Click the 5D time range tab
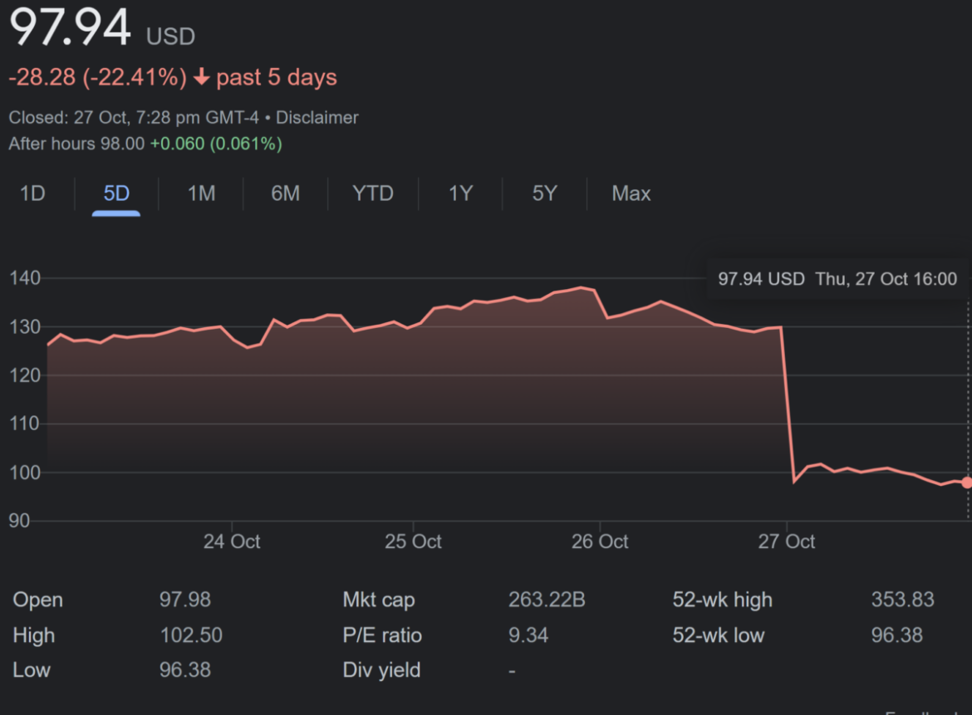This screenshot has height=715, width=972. (116, 194)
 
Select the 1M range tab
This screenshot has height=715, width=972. (201, 194)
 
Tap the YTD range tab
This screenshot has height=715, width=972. (372, 194)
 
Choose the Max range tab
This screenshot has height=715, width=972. (631, 194)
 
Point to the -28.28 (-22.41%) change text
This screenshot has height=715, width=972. (97, 78)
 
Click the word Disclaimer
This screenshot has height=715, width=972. (317, 118)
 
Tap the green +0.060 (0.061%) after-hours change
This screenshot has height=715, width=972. (216, 144)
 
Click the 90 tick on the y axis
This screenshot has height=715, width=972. (20, 522)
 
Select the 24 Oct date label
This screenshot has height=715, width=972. (232, 542)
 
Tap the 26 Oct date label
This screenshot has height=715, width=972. (600, 542)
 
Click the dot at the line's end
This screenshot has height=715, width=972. (967, 482)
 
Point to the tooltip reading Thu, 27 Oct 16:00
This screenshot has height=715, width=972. (886, 279)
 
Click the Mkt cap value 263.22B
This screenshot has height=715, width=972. (547, 600)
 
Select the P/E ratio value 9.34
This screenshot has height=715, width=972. (528, 635)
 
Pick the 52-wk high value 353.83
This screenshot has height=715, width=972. (902, 600)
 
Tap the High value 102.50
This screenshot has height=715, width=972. (191, 635)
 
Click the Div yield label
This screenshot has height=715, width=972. (381, 670)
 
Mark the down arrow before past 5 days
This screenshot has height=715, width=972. (201, 78)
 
